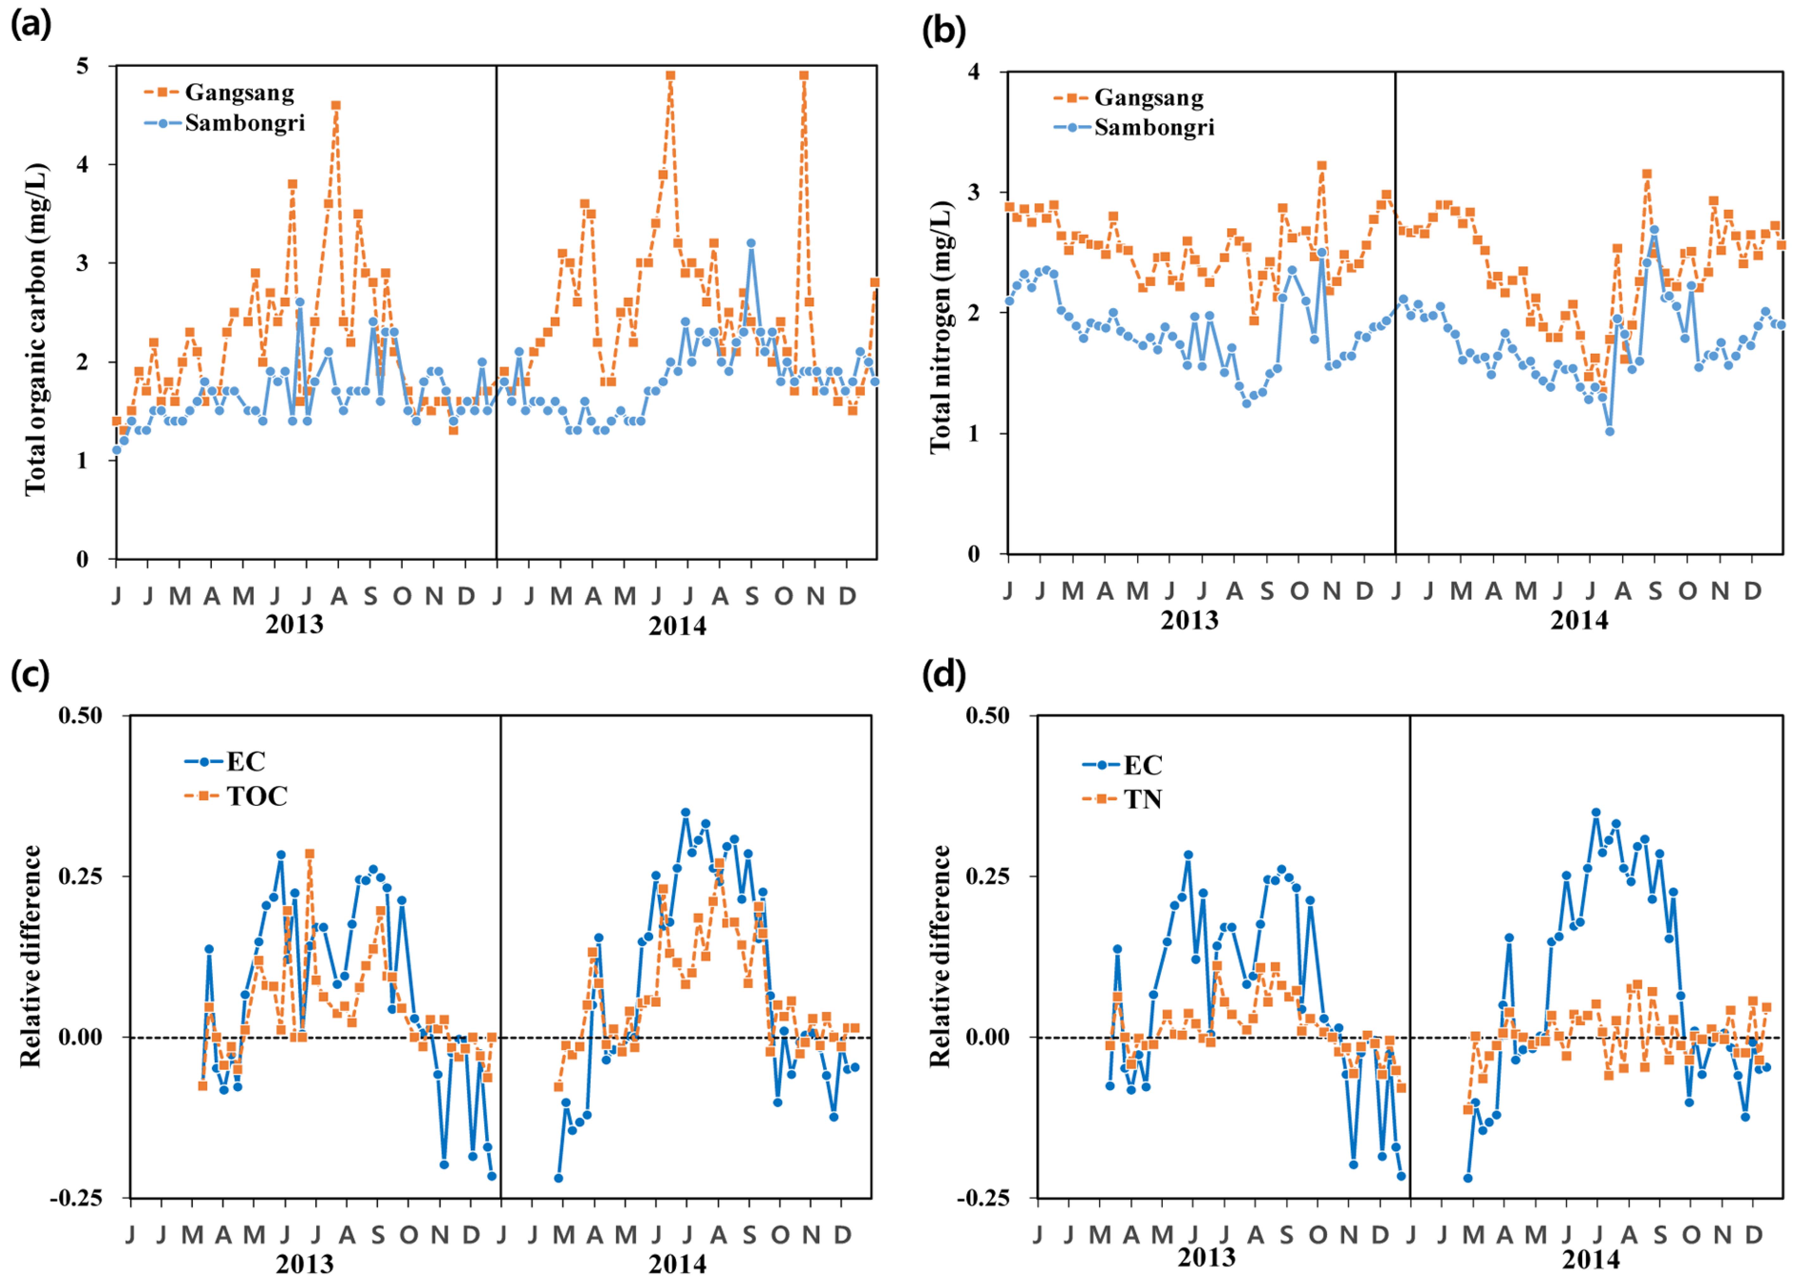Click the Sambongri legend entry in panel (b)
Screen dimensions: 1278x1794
pos(1153,127)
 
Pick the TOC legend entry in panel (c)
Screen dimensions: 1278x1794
pos(257,797)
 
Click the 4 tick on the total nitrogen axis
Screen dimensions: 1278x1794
pos(974,71)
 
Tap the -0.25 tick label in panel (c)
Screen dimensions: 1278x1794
pos(76,1198)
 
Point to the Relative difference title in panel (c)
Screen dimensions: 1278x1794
pos(31,956)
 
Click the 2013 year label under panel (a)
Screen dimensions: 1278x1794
pos(294,624)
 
